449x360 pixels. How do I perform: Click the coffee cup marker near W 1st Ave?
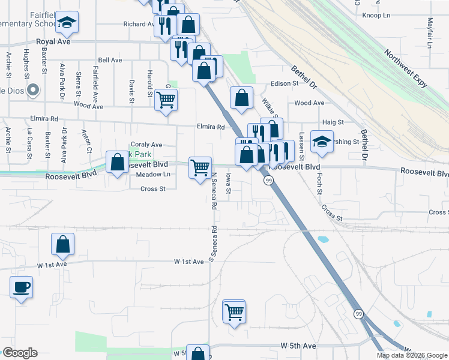22,286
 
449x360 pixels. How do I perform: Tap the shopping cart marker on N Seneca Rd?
200,167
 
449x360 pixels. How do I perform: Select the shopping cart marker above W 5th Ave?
234,311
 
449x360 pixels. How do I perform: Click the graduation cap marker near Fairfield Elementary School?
67,23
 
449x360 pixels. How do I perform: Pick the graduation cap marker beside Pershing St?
322,142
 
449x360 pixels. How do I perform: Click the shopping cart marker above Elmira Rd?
166,100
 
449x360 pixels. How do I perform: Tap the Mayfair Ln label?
430,32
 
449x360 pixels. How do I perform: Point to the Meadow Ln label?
154,175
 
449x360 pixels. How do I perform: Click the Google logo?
20,353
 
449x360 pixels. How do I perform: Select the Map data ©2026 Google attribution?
411,355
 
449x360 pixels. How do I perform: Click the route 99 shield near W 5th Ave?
358,314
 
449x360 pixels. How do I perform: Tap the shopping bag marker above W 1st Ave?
62,244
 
